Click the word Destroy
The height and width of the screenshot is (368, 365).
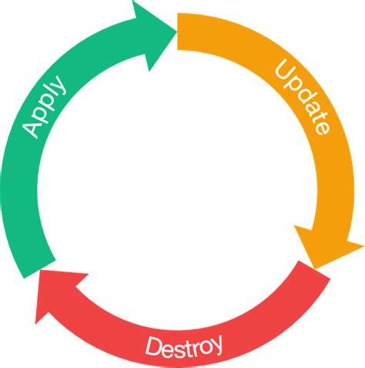[x=184, y=344]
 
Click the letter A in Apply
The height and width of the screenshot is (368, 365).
[x=32, y=129]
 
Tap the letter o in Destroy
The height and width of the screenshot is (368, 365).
[x=204, y=342]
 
